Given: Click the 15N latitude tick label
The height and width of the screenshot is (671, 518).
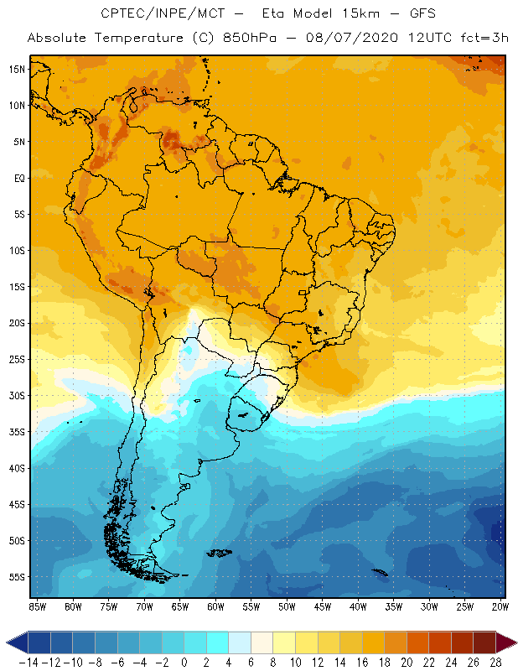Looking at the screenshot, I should pos(16,69).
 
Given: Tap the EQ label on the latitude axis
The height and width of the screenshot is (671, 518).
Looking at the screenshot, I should pos(18,178).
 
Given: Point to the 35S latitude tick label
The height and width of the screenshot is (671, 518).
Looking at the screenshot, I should pos(16,432).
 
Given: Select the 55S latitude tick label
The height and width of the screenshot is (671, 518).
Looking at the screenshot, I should pos(16,577).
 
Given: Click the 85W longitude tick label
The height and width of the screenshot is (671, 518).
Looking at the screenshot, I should pos(37,606).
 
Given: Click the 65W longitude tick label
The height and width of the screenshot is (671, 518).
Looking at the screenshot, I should pos(180,606).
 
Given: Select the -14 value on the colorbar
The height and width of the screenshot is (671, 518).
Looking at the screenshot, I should pos(28,663).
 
